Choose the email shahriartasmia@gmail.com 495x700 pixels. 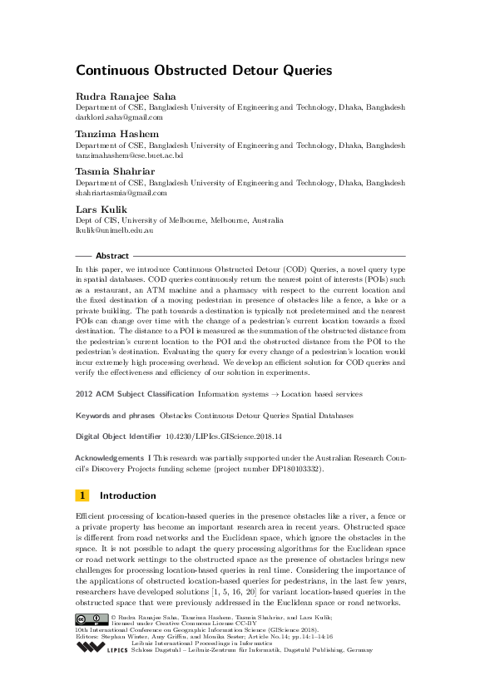(x=121, y=192)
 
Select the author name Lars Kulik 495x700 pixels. (x=97, y=210)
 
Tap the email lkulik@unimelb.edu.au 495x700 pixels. (x=114, y=229)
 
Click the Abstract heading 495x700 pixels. (x=112, y=256)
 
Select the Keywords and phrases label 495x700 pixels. (x=114, y=414)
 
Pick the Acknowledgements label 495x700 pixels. (x=109, y=458)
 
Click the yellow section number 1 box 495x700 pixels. (x=82, y=495)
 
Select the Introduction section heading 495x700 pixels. (x=127, y=495)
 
